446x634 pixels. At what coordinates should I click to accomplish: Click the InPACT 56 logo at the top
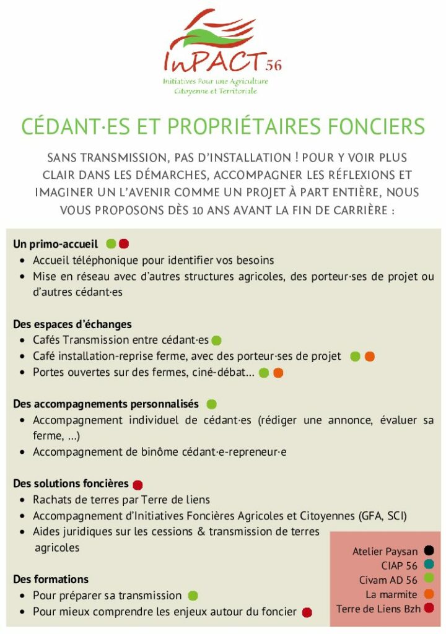tap(222, 53)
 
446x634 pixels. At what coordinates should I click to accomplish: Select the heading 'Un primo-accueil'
tap(55, 244)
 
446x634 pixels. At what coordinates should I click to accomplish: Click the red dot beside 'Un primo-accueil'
tap(124, 244)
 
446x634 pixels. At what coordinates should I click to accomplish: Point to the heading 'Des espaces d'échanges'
tap(72, 324)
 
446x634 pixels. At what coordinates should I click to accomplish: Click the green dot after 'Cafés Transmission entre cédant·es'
tap(216, 341)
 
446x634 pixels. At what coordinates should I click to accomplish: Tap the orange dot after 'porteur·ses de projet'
tap(370, 357)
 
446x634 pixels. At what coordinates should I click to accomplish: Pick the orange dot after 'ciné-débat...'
tap(278, 373)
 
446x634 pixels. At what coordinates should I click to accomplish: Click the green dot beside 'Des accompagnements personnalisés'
tap(211, 404)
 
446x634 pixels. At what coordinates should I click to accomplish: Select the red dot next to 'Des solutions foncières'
tap(138, 485)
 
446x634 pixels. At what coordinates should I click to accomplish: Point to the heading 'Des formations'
tap(51, 580)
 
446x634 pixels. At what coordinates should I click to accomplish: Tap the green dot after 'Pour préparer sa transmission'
tap(193, 596)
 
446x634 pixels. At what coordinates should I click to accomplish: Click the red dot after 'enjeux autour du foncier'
tap(307, 612)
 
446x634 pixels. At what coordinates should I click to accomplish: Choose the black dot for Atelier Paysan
tap(429, 550)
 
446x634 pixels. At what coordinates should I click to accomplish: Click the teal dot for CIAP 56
tap(429, 565)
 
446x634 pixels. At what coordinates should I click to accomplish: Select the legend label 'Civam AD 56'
tap(388, 580)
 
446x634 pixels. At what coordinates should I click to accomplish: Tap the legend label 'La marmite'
tap(391, 594)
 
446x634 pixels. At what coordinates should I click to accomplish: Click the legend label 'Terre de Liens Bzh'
tap(378, 609)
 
